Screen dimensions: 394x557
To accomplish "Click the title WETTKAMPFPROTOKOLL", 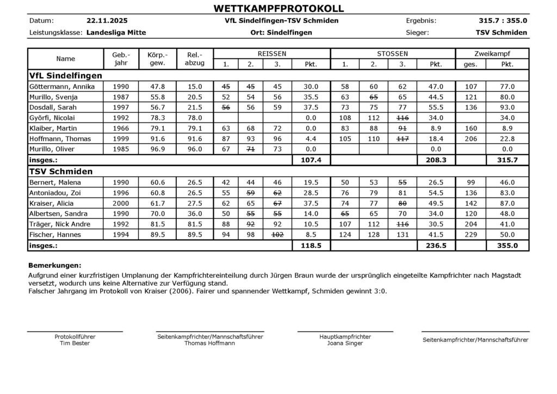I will (278, 8).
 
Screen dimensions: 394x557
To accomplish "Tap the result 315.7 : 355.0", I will (503, 21).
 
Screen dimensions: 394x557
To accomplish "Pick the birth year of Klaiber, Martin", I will (120, 128).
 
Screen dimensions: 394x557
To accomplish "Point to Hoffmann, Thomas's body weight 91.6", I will (157, 138).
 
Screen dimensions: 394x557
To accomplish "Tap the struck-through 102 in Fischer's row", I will (277, 235).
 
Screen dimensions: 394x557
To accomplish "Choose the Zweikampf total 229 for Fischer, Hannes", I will (471, 235).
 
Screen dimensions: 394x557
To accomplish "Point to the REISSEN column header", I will (271, 54).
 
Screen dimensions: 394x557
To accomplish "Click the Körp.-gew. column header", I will (157, 59).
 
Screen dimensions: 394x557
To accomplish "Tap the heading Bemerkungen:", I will (54, 266).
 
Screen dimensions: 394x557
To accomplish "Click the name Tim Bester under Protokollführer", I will (75, 343).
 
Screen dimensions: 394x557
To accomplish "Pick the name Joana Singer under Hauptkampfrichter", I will (345, 343).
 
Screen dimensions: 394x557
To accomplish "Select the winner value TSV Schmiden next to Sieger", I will (501, 33).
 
